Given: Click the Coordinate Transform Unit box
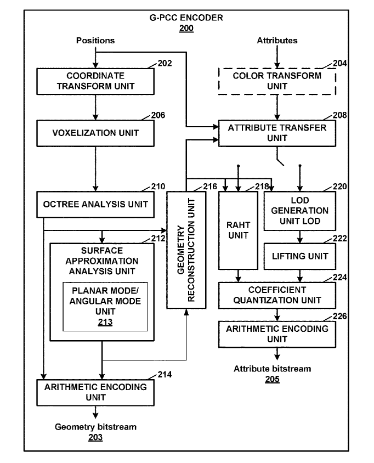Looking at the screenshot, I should (x=95, y=81).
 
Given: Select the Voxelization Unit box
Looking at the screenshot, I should (x=95, y=132).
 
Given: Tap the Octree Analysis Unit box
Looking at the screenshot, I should (x=95, y=204).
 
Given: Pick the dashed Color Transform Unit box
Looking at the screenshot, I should (x=277, y=81).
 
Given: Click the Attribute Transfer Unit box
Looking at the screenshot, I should (x=277, y=133).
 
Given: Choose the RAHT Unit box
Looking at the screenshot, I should (x=237, y=230).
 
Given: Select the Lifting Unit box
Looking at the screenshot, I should (x=299, y=256).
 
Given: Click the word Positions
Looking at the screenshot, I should (x=95, y=40).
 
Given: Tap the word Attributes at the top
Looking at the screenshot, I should (x=277, y=40).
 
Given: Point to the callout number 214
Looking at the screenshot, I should (x=164, y=375).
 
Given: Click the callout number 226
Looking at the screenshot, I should (x=340, y=317).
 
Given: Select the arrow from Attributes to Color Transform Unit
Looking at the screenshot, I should (x=277, y=57).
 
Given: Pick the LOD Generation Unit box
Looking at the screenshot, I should (x=299, y=211).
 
